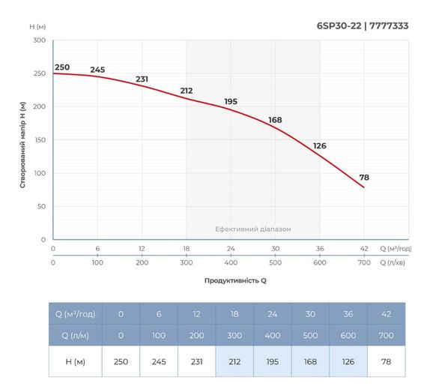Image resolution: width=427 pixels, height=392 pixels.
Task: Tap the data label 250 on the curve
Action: coord(61,67)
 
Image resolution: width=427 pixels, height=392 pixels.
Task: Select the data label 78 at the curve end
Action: coord(364,178)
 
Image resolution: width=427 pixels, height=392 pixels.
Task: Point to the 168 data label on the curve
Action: coord(275,120)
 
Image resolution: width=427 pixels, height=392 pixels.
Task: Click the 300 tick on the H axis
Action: coord(39,40)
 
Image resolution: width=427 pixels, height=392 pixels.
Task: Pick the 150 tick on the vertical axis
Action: coord(39,139)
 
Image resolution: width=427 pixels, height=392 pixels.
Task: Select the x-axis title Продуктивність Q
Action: coord(234,280)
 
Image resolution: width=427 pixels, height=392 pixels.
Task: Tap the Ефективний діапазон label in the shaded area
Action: coord(252,229)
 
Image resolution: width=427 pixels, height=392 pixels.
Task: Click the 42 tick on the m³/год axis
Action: coord(364,248)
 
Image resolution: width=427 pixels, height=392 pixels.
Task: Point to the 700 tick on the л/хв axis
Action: coord(364,263)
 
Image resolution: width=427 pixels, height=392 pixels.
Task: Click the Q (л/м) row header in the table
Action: coord(75,335)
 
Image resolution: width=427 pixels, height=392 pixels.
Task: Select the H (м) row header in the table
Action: coord(75,361)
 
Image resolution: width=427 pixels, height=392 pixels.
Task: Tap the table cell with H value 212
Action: coord(234,361)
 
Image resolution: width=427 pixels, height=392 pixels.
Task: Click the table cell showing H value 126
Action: coord(348,361)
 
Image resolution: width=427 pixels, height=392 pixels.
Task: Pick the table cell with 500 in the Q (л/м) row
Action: coord(310,335)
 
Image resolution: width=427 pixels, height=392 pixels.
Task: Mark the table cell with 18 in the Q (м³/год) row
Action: coord(234,313)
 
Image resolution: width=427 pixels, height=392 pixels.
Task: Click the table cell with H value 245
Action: coord(159,361)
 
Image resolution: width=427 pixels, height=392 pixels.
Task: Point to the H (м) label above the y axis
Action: coord(38,27)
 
